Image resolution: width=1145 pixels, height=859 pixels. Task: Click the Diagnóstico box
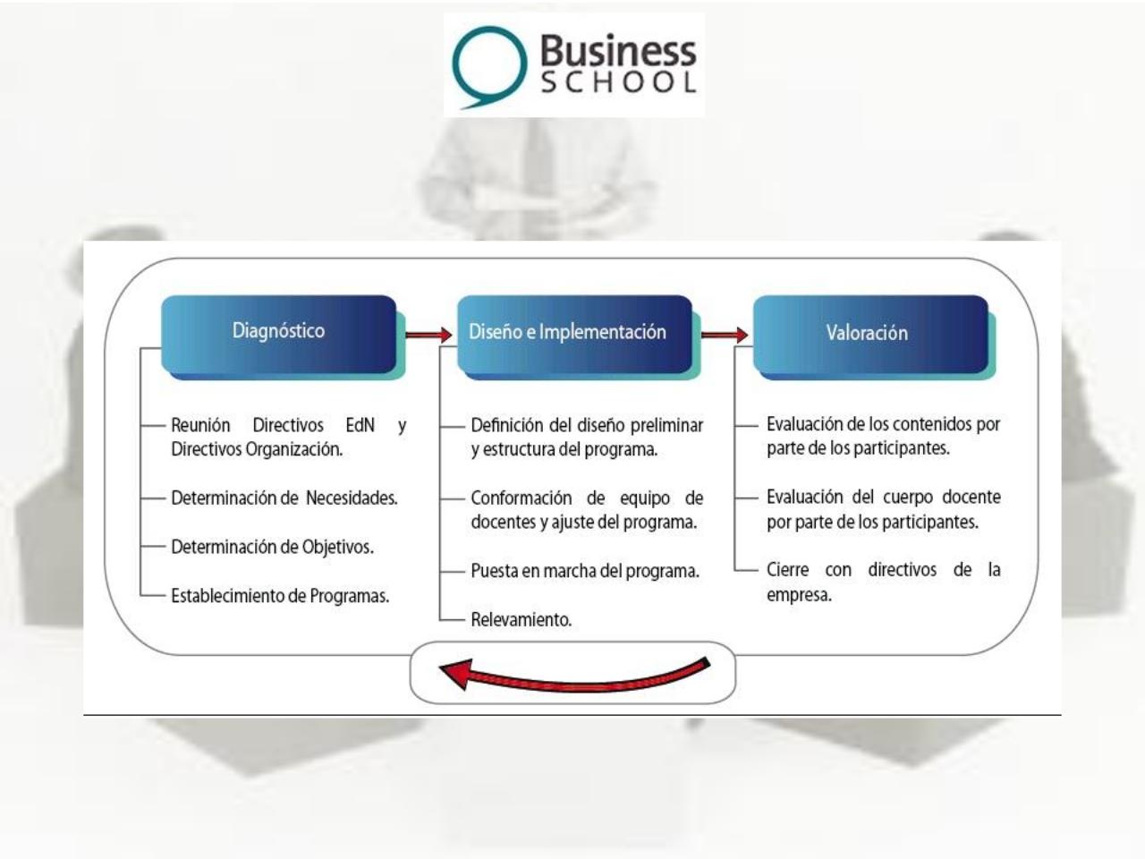pyautogui.click(x=278, y=333)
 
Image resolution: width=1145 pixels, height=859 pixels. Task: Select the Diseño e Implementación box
pyautogui.click(x=573, y=333)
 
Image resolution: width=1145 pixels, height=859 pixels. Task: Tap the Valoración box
pyautogui.click(x=869, y=334)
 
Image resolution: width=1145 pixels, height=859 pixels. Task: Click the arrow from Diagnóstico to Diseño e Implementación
pyautogui.click(x=428, y=335)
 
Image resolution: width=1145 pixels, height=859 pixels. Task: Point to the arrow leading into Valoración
pyautogui.click(x=724, y=335)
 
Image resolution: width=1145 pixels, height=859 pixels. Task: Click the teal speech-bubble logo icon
pyautogui.click(x=488, y=65)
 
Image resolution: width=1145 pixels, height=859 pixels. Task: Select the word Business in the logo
pyautogui.click(x=617, y=50)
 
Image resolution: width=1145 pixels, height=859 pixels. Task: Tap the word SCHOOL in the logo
pyautogui.click(x=617, y=83)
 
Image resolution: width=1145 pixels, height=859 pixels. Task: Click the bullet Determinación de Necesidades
pyautogui.click(x=284, y=498)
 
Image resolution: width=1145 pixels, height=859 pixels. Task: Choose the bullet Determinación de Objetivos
pyautogui.click(x=272, y=547)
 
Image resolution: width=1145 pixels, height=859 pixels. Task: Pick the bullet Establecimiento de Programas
pyautogui.click(x=280, y=596)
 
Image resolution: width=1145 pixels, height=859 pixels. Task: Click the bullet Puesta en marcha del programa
pyautogui.click(x=585, y=571)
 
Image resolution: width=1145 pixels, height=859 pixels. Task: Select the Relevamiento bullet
pyautogui.click(x=522, y=619)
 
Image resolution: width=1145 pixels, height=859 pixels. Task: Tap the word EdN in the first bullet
pyautogui.click(x=360, y=425)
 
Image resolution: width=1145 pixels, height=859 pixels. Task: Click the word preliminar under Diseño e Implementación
pyautogui.click(x=666, y=425)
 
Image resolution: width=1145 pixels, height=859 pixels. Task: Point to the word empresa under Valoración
pyautogui.click(x=798, y=595)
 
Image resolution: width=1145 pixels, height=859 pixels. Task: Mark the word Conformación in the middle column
pyautogui.click(x=522, y=498)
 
